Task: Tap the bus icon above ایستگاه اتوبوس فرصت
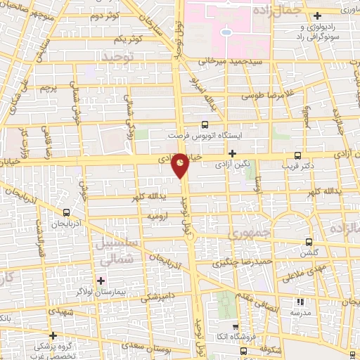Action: pyautogui.click(x=205, y=122)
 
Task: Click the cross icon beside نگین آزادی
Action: pyautogui.click(x=231, y=153)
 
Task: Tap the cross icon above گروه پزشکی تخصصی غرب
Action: pyautogui.click(x=52, y=335)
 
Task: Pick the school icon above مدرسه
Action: pyautogui.click(x=302, y=301)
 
